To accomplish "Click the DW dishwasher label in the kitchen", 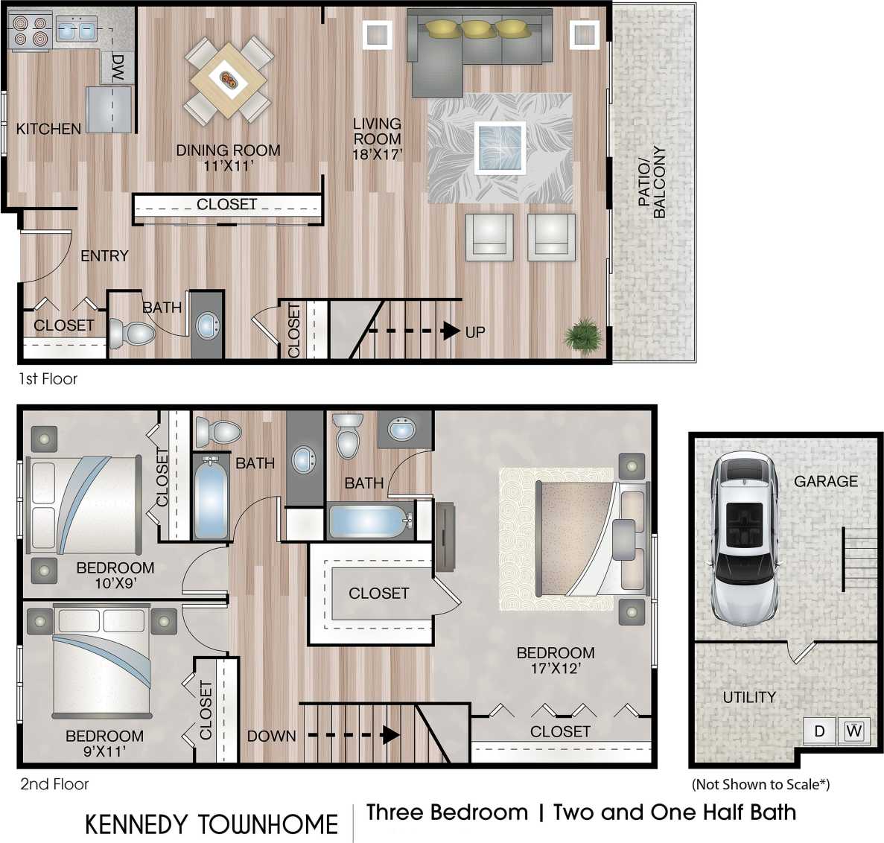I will coord(118,68).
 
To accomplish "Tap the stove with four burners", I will coord(30,31).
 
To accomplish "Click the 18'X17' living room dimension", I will coord(378,154).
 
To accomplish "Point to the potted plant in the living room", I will coord(582,334).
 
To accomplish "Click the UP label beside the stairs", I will coord(475,332).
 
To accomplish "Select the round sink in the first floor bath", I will coord(207,325).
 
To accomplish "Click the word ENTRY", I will coord(104,256).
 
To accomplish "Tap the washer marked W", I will coord(853,731).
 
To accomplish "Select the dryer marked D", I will coord(819,731).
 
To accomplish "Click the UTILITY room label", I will coord(749,697).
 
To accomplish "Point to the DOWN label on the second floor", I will coord(271,736).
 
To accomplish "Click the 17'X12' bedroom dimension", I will coord(556,668).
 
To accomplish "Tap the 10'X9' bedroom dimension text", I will coord(115,583).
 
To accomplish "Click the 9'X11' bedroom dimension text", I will coord(104,751).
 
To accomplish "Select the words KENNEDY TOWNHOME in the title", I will coord(212,824).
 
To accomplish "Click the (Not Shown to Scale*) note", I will coord(760,783).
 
